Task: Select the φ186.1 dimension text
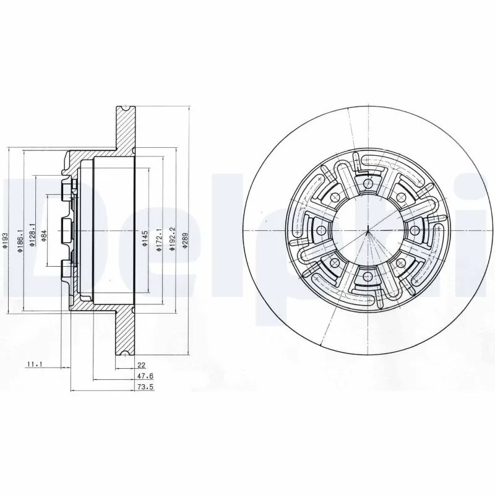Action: (x=19, y=238)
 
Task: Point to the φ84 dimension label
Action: (x=44, y=235)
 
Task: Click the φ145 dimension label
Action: (x=144, y=238)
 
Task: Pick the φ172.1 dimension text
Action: (x=159, y=238)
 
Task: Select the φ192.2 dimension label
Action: (x=172, y=238)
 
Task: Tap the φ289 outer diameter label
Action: (x=184, y=239)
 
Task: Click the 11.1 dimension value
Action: (x=33, y=364)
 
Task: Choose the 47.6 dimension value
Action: (x=143, y=376)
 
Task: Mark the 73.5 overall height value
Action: (x=143, y=387)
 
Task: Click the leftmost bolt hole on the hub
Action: (x=321, y=230)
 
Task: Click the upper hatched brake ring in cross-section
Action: (x=125, y=130)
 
